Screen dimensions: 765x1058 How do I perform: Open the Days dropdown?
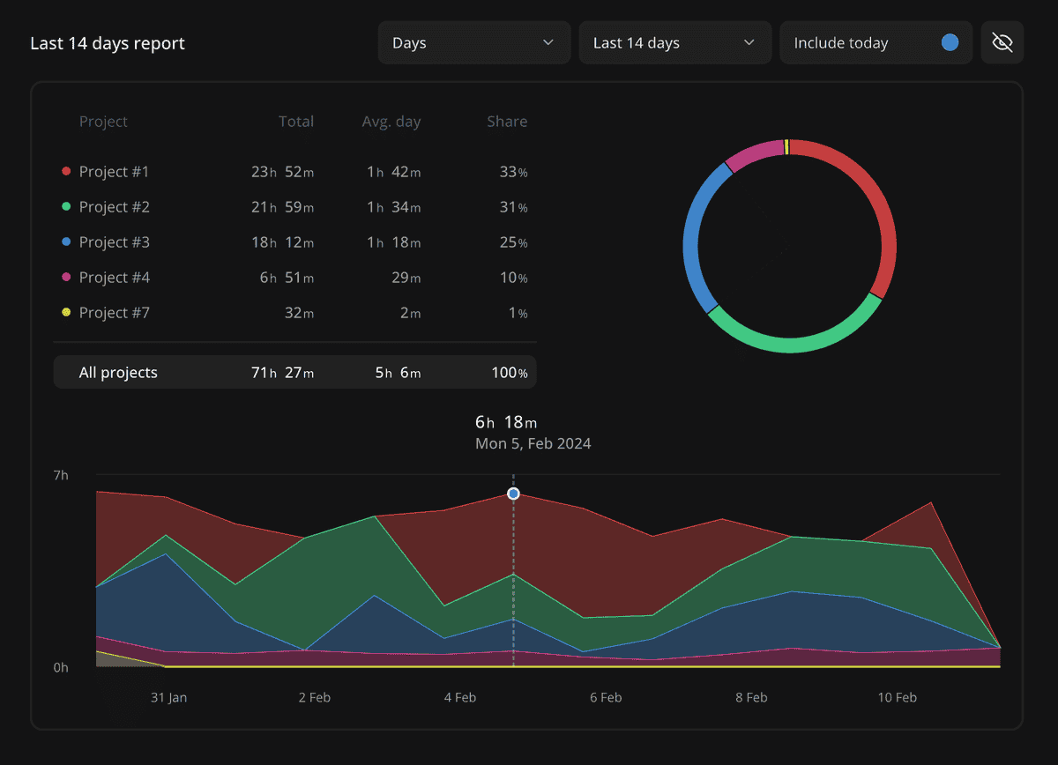[473, 43]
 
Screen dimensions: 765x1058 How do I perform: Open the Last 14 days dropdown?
[674, 43]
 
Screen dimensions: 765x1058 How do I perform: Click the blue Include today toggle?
[950, 43]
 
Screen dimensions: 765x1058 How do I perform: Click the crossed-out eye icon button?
[1002, 43]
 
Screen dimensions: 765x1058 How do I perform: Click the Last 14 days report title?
[108, 43]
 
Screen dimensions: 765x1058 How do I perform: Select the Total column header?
[295, 122]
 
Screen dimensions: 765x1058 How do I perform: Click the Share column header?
[507, 122]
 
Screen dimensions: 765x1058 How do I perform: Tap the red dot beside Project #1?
[66, 172]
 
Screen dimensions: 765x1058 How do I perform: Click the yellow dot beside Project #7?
[66, 313]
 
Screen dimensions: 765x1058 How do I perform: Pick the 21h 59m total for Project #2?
[282, 207]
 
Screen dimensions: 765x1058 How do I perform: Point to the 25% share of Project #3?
[513, 242]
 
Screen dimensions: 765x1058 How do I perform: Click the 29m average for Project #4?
[406, 278]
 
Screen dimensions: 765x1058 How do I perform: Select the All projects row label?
[118, 373]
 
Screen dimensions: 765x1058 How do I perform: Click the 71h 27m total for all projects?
[282, 373]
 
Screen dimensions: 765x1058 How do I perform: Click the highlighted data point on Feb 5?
[513, 494]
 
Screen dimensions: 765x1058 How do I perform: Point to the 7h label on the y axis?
[61, 475]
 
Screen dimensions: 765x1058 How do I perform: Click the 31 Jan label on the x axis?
[168, 697]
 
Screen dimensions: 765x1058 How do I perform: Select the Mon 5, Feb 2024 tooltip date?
[533, 443]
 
